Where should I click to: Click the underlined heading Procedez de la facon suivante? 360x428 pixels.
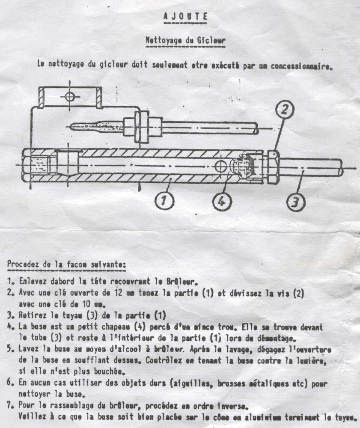[x=66, y=264]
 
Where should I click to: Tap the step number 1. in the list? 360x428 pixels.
[x=11, y=282]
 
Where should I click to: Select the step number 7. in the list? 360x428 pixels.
[x=11, y=406]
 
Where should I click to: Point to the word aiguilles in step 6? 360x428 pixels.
[x=188, y=384]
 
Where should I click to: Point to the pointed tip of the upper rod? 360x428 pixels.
[x=71, y=126]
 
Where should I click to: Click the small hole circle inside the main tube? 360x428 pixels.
[x=221, y=166]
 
